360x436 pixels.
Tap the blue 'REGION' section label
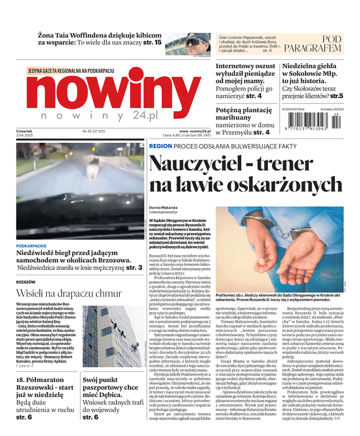160,147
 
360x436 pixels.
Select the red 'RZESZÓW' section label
26,282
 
